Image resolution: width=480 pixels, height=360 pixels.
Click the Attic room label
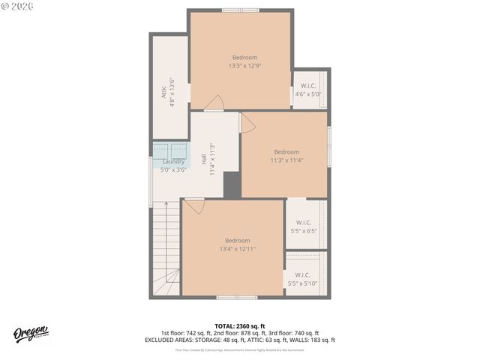tap(163, 92)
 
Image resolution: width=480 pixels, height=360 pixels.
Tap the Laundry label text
tap(173, 161)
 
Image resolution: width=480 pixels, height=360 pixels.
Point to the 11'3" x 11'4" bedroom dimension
tap(286, 160)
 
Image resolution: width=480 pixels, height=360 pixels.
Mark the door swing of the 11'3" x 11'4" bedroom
tap(247, 124)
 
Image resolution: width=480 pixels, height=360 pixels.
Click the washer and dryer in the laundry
tap(170, 149)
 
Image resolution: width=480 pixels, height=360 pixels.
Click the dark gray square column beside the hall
tap(232, 185)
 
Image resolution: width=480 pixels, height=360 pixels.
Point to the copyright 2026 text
tap(18, 6)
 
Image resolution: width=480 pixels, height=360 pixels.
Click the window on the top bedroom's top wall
tap(240, 10)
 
